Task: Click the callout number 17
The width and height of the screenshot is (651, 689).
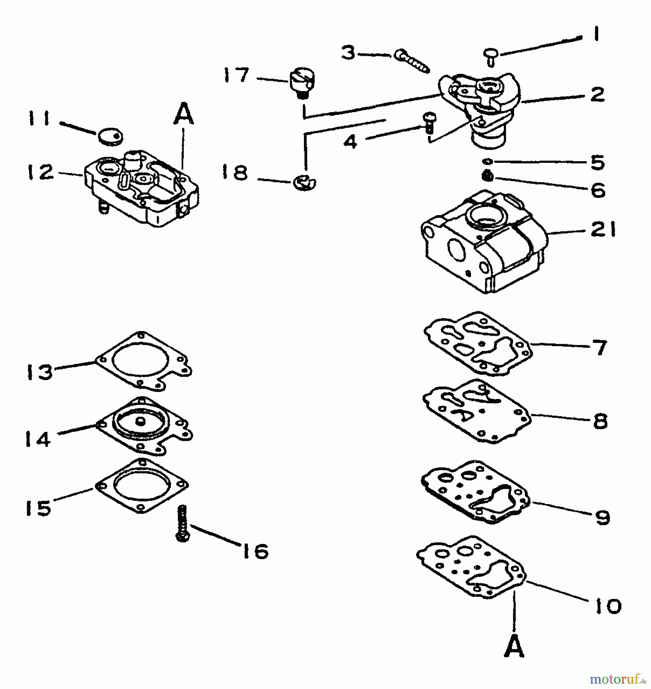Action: coord(236,75)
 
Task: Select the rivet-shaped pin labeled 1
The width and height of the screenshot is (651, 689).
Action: coord(490,56)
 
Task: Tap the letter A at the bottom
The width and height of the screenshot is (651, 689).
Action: coord(514,645)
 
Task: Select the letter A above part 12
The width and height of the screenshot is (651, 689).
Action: coord(184,113)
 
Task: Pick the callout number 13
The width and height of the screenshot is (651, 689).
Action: coord(39,372)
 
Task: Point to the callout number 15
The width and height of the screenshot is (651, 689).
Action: coord(38,508)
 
